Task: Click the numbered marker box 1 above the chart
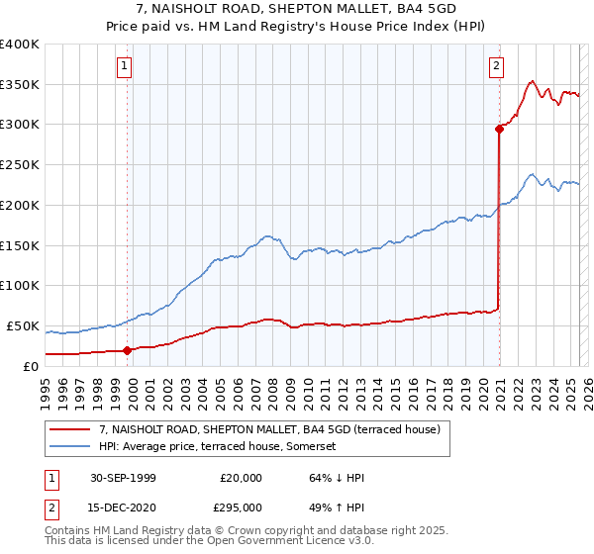coord(125,66)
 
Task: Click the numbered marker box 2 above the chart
coord(495,66)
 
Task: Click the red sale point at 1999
coord(128,349)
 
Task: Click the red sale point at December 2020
coord(499,128)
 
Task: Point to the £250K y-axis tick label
coord(20,165)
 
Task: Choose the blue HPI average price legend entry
coord(217,446)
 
